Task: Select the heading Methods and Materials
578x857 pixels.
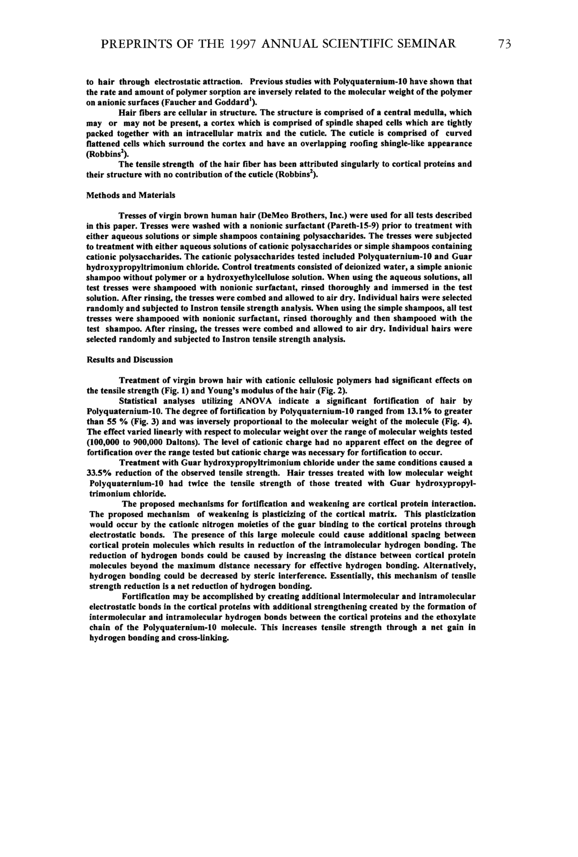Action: click(x=130, y=195)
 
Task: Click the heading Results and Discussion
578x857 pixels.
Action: click(x=129, y=360)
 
